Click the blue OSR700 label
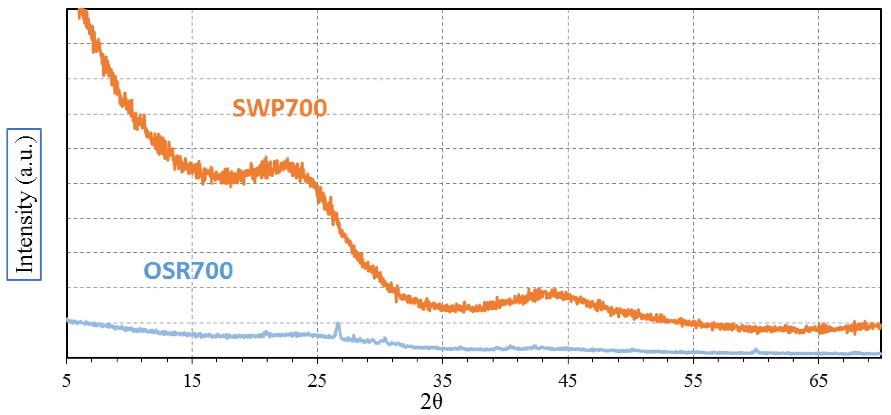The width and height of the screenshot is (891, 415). click(x=189, y=270)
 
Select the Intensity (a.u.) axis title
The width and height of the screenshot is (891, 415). click(x=24, y=204)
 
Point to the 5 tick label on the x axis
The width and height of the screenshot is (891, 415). click(x=67, y=380)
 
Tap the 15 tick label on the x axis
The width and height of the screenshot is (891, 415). click(x=192, y=380)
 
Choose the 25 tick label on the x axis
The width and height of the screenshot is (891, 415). click(x=317, y=380)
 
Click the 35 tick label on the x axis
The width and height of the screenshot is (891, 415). click(x=442, y=380)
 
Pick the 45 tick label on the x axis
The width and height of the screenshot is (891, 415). click(x=568, y=380)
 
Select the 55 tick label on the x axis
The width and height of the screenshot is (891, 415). click(x=693, y=380)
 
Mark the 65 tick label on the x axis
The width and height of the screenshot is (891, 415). click(x=818, y=380)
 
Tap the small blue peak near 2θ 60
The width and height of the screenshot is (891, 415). click(x=755, y=350)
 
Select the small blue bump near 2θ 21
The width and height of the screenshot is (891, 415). click(x=266, y=333)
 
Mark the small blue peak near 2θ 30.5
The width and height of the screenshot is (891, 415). click(x=385, y=339)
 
